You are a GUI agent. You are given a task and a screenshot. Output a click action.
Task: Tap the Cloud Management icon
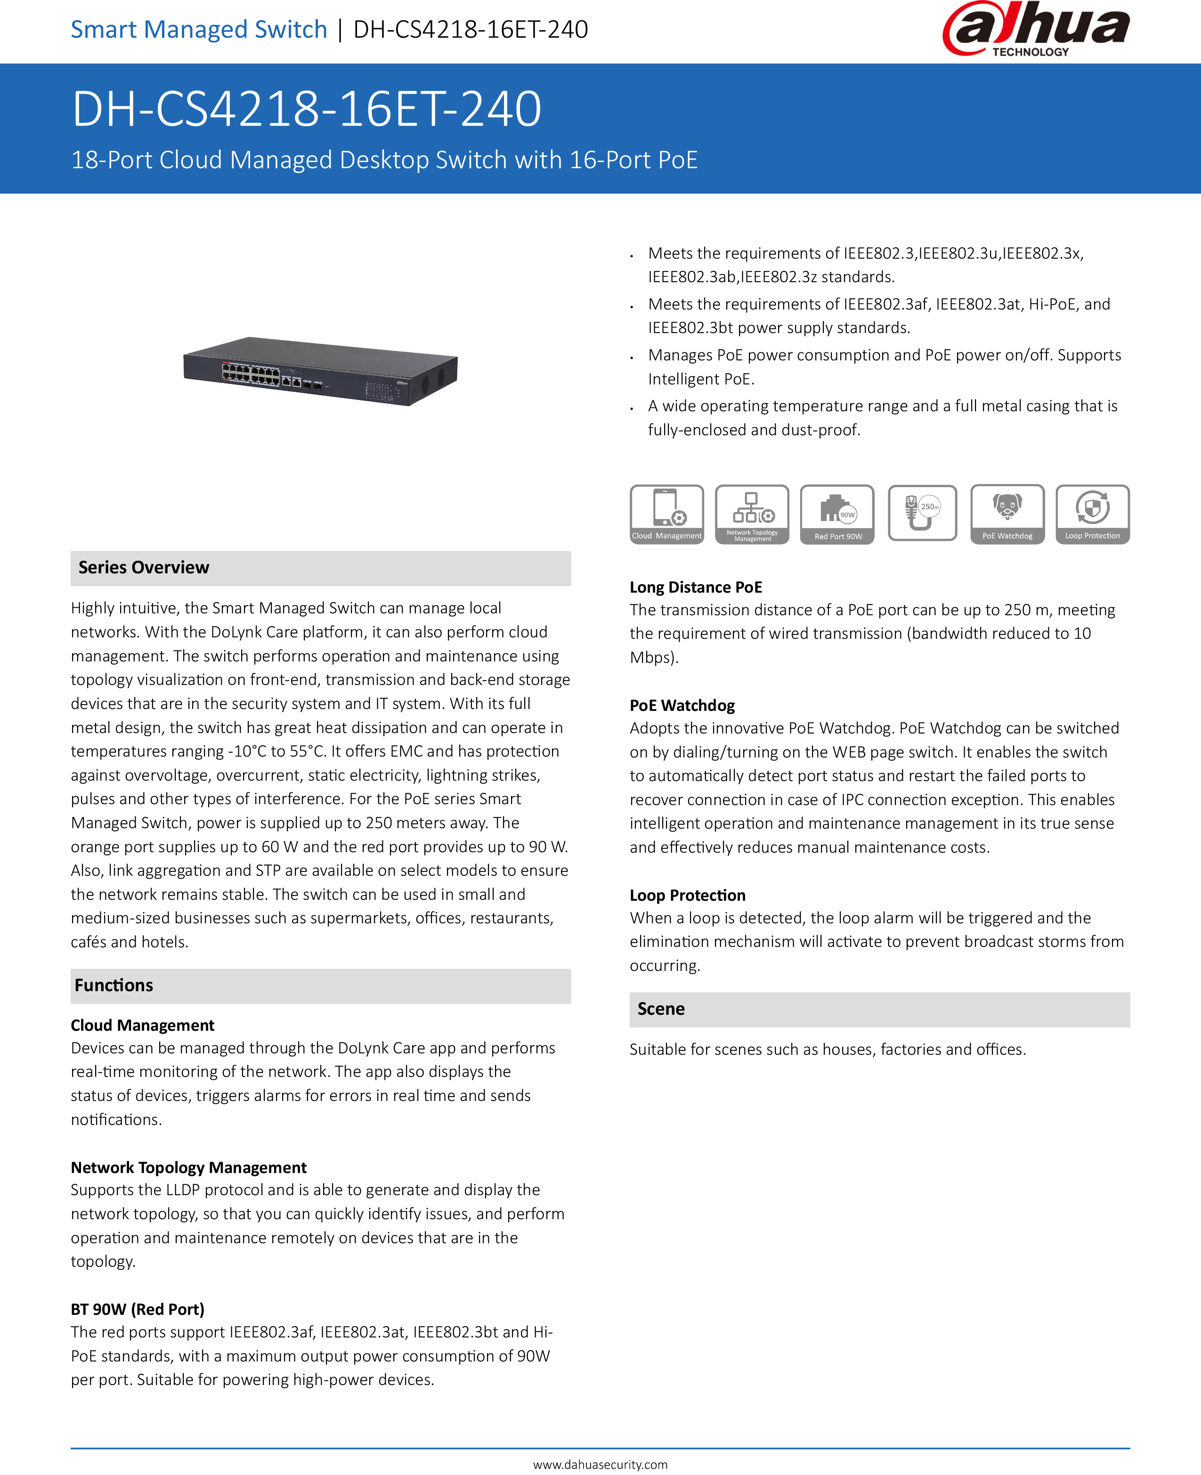(666, 514)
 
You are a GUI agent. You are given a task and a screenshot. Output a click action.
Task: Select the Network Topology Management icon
(752, 514)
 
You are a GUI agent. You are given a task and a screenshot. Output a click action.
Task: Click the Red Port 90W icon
(837, 514)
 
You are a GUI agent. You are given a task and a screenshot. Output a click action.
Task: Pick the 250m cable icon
(922, 513)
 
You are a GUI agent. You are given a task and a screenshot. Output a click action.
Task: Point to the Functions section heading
(114, 985)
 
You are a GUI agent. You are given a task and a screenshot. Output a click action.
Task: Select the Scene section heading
(661, 1009)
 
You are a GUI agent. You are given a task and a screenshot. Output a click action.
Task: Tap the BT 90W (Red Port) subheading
(138, 1309)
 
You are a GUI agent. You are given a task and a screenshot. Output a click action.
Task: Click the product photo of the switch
(320, 370)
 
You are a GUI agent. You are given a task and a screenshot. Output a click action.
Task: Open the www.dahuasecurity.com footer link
(600, 1464)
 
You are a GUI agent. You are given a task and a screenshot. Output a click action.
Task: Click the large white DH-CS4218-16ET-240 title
(307, 109)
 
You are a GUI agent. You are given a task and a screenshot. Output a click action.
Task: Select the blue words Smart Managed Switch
(199, 29)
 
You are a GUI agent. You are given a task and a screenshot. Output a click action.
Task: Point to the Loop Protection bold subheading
(687, 895)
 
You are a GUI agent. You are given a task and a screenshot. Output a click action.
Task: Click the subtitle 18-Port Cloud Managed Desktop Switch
(384, 160)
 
